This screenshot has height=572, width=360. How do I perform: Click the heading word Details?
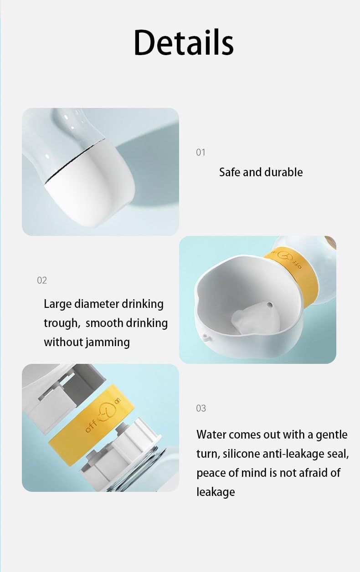(184, 42)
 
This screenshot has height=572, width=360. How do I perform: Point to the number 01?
(201, 153)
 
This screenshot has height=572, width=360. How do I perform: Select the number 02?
(42, 281)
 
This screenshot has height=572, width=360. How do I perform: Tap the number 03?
(201, 409)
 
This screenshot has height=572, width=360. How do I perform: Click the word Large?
(57, 304)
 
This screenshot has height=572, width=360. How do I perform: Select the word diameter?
(97, 304)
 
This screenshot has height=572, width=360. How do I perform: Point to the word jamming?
(108, 342)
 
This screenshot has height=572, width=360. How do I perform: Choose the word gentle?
(332, 435)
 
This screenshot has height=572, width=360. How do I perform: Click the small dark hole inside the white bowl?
(270, 304)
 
